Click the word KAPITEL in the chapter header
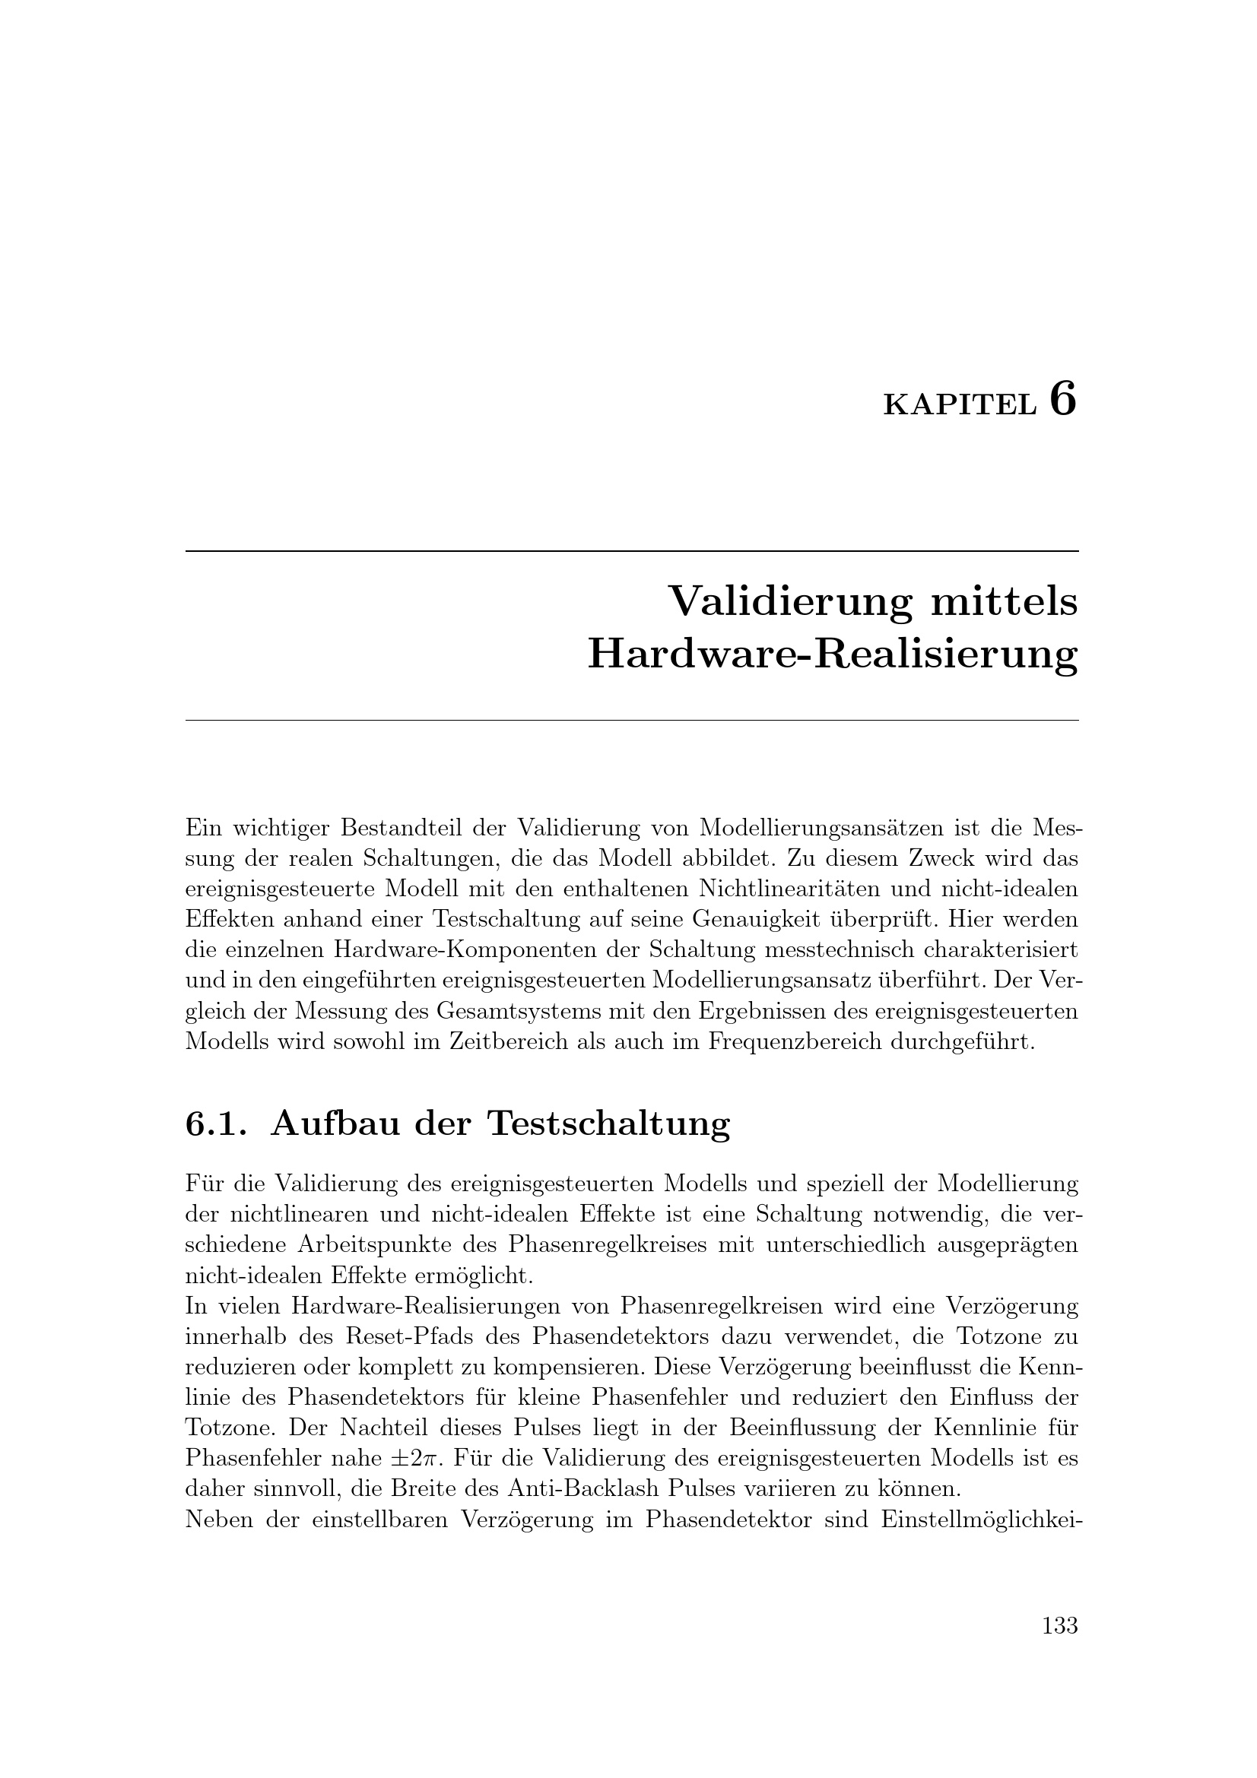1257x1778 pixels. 959,406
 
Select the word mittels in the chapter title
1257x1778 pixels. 1004,602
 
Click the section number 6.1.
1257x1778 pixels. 216,1124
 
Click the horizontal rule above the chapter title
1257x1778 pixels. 631,551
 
